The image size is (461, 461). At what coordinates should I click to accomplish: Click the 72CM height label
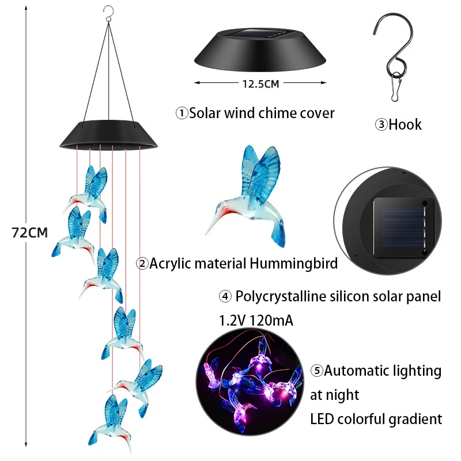click(29, 232)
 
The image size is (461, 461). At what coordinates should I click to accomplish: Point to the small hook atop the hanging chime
click(106, 10)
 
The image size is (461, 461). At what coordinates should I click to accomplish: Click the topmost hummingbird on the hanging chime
click(89, 193)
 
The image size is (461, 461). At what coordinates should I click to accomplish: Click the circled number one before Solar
click(182, 114)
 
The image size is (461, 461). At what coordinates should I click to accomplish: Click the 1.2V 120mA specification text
click(255, 320)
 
